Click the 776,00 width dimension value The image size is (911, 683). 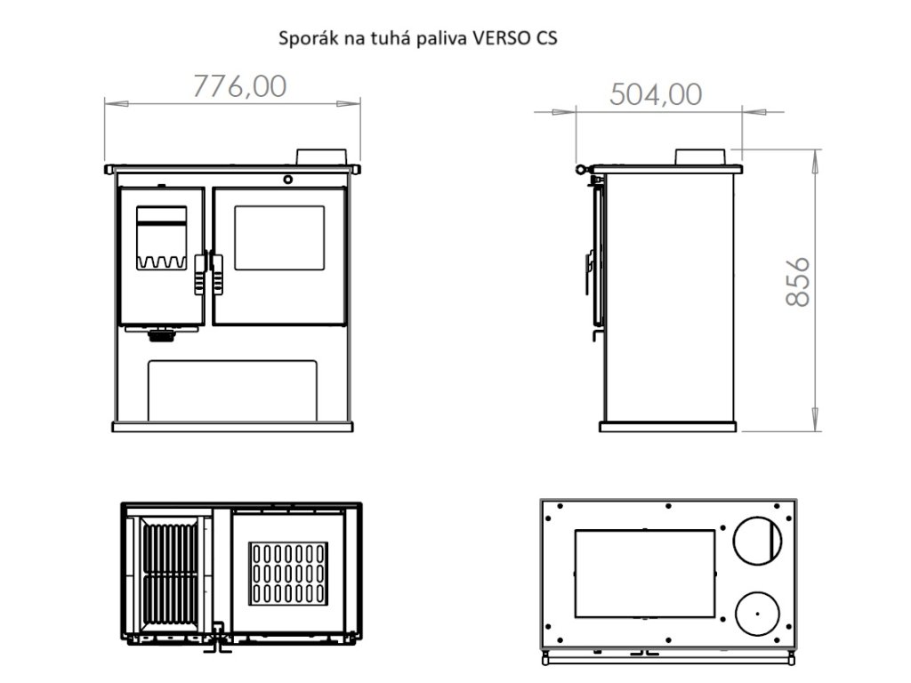pos(239,86)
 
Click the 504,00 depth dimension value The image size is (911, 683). pos(656,94)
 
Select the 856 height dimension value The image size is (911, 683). pos(797,282)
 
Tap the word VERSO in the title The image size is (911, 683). pos(499,37)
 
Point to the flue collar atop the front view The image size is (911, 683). pos(321,157)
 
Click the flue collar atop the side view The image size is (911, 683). pos(700,157)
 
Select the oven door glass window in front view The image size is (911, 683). pos(279,237)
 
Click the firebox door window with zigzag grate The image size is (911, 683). pos(162,237)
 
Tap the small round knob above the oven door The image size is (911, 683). pos(287,180)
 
